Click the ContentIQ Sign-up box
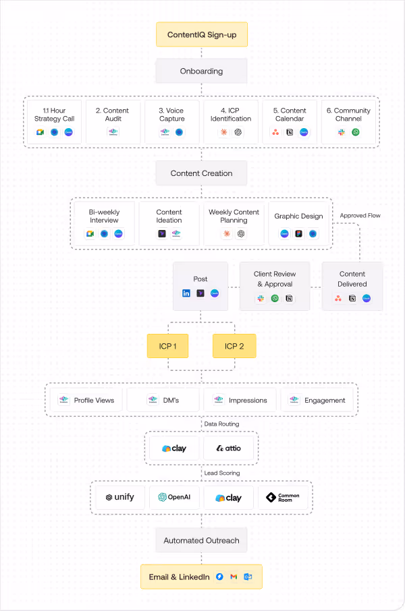(x=201, y=34)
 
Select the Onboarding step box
(x=201, y=71)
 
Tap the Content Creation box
(x=201, y=173)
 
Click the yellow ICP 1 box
(x=168, y=347)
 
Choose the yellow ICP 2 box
(x=234, y=347)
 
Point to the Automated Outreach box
(x=201, y=540)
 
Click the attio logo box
(x=229, y=448)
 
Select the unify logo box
(x=119, y=498)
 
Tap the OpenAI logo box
(x=174, y=498)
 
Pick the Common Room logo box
(x=283, y=498)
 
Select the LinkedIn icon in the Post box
(x=186, y=293)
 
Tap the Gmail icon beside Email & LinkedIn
(x=234, y=577)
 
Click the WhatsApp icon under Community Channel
(x=356, y=132)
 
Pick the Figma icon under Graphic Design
(x=298, y=234)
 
